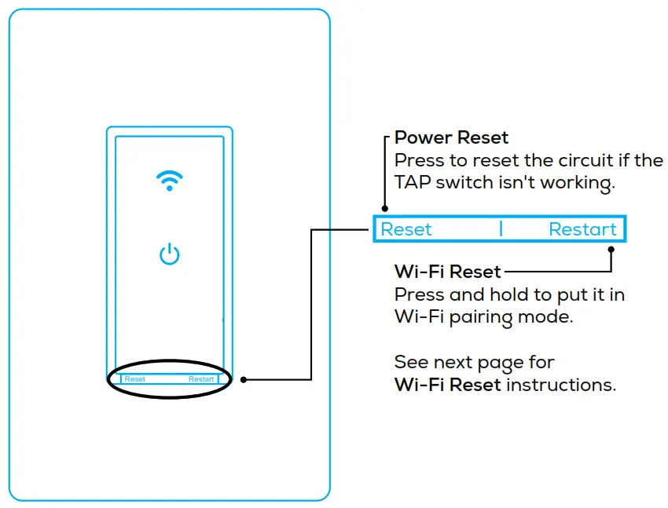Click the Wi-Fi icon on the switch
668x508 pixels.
(169, 181)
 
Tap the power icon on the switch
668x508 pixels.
(169, 254)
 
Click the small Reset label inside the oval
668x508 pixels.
(135, 379)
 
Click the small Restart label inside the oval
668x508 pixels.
(201, 379)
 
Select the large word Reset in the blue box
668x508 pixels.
(406, 229)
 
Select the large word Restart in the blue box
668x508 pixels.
(582, 229)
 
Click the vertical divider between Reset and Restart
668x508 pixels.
(501, 229)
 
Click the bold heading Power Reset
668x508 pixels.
(451, 137)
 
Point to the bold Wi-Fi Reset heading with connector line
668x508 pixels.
(447, 272)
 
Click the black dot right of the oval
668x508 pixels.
(244, 379)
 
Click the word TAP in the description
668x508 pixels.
(412, 183)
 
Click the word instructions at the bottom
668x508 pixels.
(561, 386)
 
